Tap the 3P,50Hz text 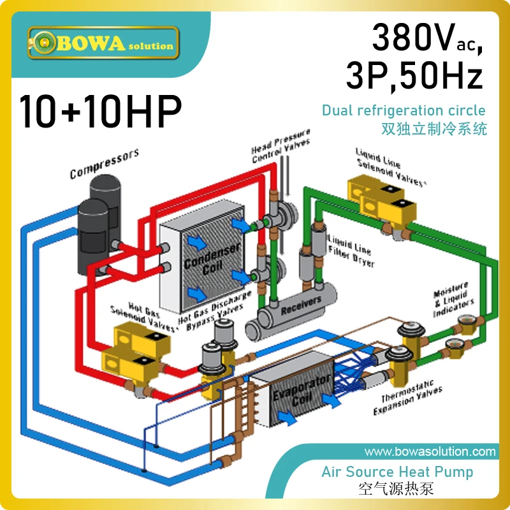coord(414,78)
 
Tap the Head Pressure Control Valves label coord(280,146)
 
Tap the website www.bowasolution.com coord(430,452)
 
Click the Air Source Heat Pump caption coord(397,472)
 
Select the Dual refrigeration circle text coord(404,110)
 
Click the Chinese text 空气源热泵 coord(397,491)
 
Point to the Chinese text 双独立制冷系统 coord(433,129)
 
